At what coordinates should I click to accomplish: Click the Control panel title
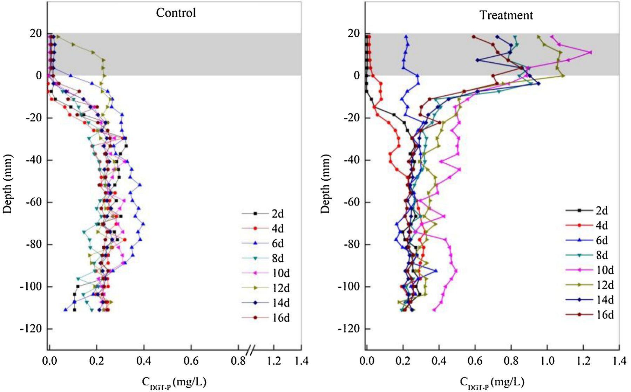pos(176,13)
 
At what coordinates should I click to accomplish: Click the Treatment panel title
pos(506,15)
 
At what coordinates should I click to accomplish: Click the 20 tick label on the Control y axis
pos(36,34)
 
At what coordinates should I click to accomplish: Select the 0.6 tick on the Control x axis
pos(191,361)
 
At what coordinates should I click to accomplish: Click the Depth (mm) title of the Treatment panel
pos(325,184)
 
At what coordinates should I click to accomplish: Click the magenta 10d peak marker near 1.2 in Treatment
pos(590,53)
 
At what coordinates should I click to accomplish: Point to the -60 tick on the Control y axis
pos(34,202)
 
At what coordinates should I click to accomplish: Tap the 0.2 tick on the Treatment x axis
pos(403,361)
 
